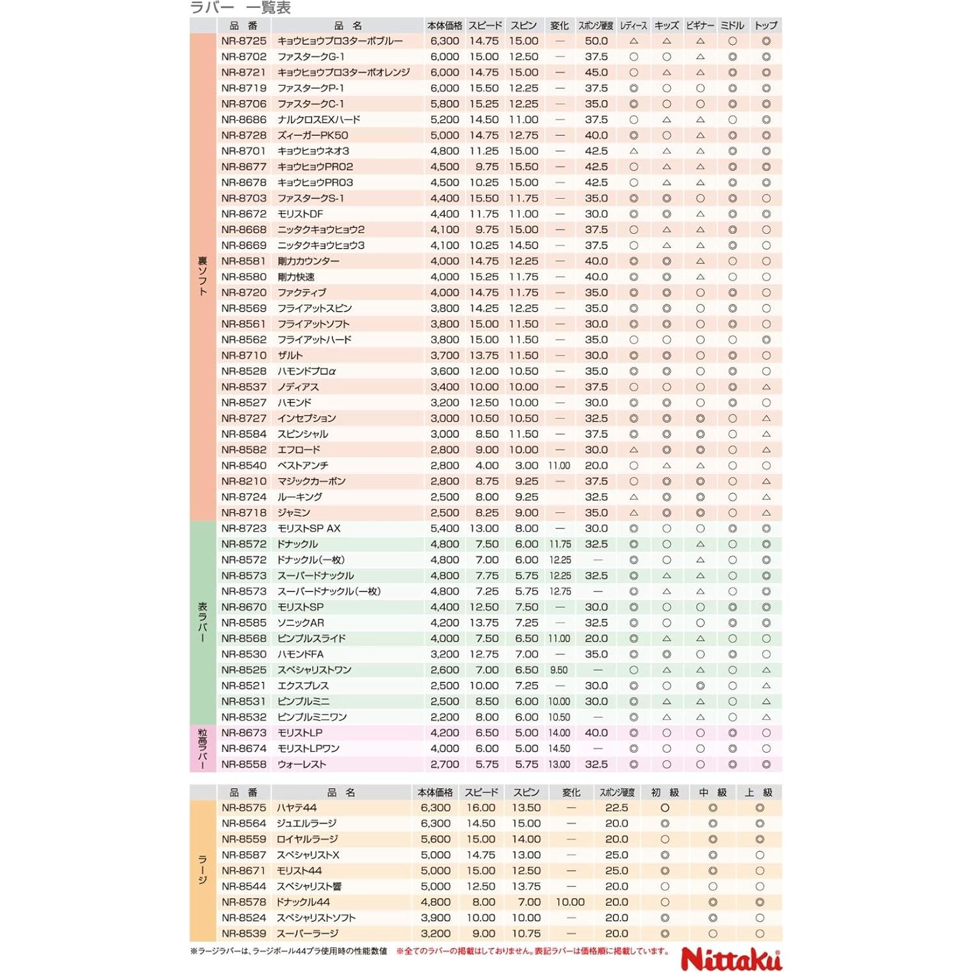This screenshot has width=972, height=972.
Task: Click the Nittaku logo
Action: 731,958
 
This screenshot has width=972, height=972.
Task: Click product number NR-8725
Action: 243,41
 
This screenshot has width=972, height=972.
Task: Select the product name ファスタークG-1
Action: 311,57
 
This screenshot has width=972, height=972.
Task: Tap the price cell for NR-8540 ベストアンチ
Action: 444,466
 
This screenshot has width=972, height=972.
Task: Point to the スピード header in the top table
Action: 485,26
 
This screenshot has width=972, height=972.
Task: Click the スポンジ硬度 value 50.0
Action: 596,41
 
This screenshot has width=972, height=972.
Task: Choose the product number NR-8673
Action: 243,733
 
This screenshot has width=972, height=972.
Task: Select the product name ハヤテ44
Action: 297,808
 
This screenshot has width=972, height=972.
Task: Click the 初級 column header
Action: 665,793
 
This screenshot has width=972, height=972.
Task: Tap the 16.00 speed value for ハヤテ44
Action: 480,808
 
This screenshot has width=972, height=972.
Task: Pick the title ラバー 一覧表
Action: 240,8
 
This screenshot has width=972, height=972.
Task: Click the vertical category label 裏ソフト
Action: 203,277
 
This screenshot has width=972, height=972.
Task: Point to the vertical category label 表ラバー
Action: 203,623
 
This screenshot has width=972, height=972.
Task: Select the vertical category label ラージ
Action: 203,870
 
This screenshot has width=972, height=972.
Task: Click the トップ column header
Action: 766,26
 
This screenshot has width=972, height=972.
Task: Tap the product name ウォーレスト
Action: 302,765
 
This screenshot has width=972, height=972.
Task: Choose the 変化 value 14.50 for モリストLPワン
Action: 559,749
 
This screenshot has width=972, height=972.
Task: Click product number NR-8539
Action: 243,934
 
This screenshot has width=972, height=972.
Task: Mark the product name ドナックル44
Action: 303,903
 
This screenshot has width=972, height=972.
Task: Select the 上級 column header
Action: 758,793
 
